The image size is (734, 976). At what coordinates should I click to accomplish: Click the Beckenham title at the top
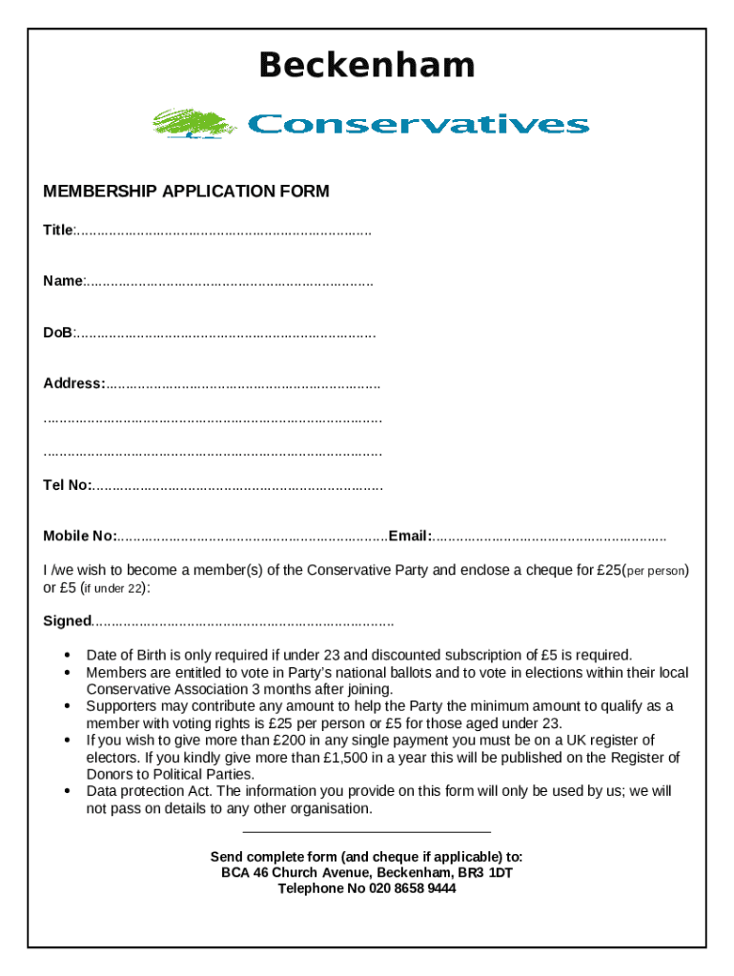pos(367,66)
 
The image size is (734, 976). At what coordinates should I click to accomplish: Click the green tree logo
pos(194,124)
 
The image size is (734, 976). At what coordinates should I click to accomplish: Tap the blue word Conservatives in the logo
pos(418,125)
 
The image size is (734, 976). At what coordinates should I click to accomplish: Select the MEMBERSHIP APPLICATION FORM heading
pos(186,192)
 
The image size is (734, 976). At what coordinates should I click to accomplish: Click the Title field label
pos(57,231)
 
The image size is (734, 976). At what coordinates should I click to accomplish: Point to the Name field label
pos(63,281)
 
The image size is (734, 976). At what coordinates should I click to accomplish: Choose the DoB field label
pos(57,333)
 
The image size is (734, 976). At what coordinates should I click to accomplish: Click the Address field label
pos(73,383)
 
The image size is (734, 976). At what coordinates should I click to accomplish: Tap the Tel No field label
pos(67,485)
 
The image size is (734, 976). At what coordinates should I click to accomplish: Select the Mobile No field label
pos(79,536)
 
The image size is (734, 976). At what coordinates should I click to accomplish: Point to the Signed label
pos(66,621)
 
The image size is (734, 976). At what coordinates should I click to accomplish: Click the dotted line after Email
pos(550,537)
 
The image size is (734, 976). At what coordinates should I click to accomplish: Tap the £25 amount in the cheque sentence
pos(608,571)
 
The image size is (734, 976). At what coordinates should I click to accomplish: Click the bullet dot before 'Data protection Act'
pos(67,792)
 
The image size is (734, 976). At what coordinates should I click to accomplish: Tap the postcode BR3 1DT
pos(487,872)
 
